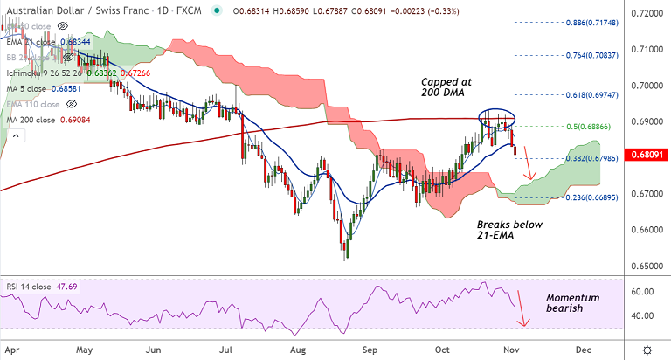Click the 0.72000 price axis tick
click(x=647, y=14)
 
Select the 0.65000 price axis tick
click(x=647, y=266)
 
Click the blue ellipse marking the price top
click(x=496, y=117)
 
